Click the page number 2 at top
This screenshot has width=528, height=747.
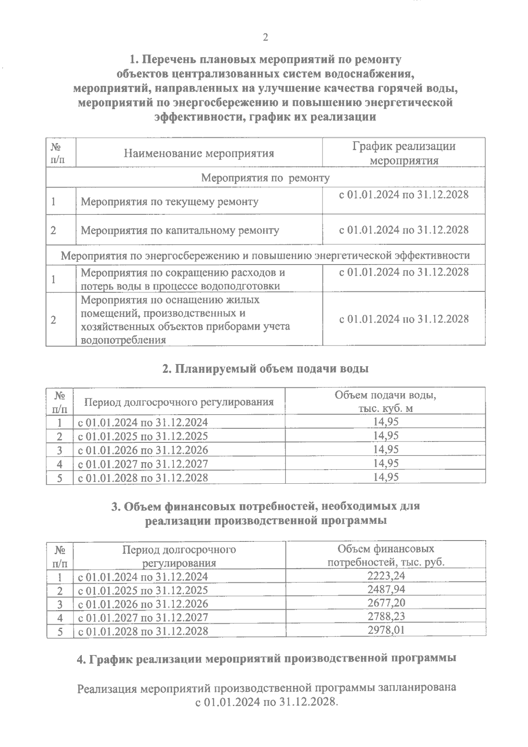coord(265,38)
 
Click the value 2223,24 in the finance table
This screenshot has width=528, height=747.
coord(386,576)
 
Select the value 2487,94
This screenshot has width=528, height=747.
coord(386,589)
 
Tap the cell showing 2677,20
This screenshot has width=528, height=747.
coord(386,603)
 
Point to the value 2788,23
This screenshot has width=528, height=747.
coord(386,616)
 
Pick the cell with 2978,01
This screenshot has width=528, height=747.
coord(386,630)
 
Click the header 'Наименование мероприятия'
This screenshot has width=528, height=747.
coord(199,153)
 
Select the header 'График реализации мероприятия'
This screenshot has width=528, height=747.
coord(403,153)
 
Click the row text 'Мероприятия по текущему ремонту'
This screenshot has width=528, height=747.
coord(170,202)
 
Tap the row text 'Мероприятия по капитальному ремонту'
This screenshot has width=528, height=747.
coord(180,230)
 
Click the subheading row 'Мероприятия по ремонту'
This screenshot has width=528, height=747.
coord(265,178)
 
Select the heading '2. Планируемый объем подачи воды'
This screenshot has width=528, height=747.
coord(265,369)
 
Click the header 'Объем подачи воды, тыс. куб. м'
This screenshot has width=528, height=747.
coord(385,401)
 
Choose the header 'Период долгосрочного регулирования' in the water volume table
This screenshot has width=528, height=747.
coord(179,402)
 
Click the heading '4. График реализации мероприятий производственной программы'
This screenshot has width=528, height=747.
coord(266,659)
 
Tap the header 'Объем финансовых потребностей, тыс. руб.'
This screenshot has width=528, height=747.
coord(385,556)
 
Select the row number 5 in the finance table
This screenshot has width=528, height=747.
coord(59,631)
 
